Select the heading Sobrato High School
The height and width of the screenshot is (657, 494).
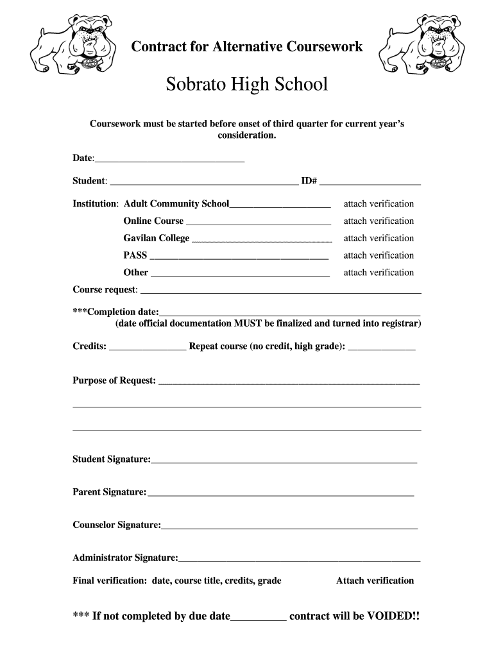pyautogui.click(x=247, y=84)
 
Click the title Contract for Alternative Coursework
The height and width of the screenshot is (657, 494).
pyautogui.click(x=247, y=46)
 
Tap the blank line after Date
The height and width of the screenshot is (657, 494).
pyautogui.click(x=170, y=159)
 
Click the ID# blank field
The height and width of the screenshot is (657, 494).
pyautogui.click(x=370, y=182)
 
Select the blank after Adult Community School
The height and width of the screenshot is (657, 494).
pyautogui.click(x=280, y=205)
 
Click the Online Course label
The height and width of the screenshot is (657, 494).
pyautogui.click(x=153, y=221)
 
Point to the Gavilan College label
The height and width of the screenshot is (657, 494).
pyautogui.click(x=157, y=238)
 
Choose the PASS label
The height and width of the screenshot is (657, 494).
pyautogui.click(x=135, y=255)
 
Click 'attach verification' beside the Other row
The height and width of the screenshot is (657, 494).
pyautogui.click(x=379, y=273)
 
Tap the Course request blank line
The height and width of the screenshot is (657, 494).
pyautogui.click(x=280, y=291)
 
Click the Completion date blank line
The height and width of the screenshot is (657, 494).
pyautogui.click(x=290, y=313)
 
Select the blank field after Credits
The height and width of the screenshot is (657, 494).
pyautogui.click(x=148, y=348)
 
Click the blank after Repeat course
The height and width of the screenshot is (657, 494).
pyautogui.click(x=381, y=348)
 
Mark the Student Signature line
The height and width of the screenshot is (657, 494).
pyautogui.click(x=284, y=461)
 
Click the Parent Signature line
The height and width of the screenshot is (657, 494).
pyautogui.click(x=280, y=493)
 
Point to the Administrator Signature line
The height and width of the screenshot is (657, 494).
pyautogui.click(x=300, y=559)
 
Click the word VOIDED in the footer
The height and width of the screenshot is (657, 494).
pyautogui.click(x=391, y=617)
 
